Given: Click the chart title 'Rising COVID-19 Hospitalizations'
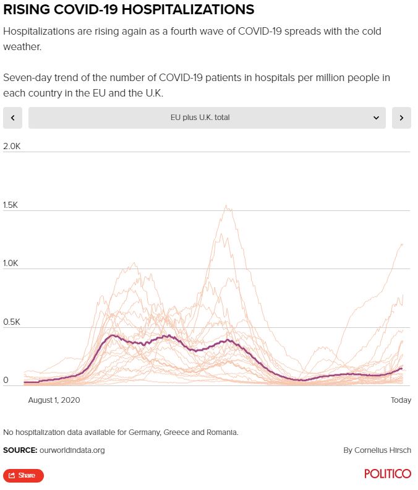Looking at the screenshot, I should tap(129, 10).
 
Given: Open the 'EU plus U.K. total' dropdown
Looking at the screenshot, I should tap(200, 118).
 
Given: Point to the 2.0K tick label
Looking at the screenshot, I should tap(12, 147).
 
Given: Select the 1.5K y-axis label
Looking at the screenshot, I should tap(12, 205).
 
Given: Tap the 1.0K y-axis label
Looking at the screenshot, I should tap(12, 264).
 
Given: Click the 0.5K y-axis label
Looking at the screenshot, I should tap(12, 322).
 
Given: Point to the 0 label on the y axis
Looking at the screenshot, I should tap(6, 380).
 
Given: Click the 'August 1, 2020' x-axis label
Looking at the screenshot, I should tap(54, 400).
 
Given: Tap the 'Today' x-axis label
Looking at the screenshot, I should tap(401, 400).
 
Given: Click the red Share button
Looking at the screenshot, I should tap(23, 475).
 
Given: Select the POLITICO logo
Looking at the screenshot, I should tap(388, 474).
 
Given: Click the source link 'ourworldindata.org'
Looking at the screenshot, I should tap(72, 450).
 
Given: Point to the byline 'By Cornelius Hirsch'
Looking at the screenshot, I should tap(377, 450).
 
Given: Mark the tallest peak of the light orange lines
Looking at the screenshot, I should tap(226, 207).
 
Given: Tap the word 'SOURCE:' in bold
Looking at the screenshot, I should tap(20, 450).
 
